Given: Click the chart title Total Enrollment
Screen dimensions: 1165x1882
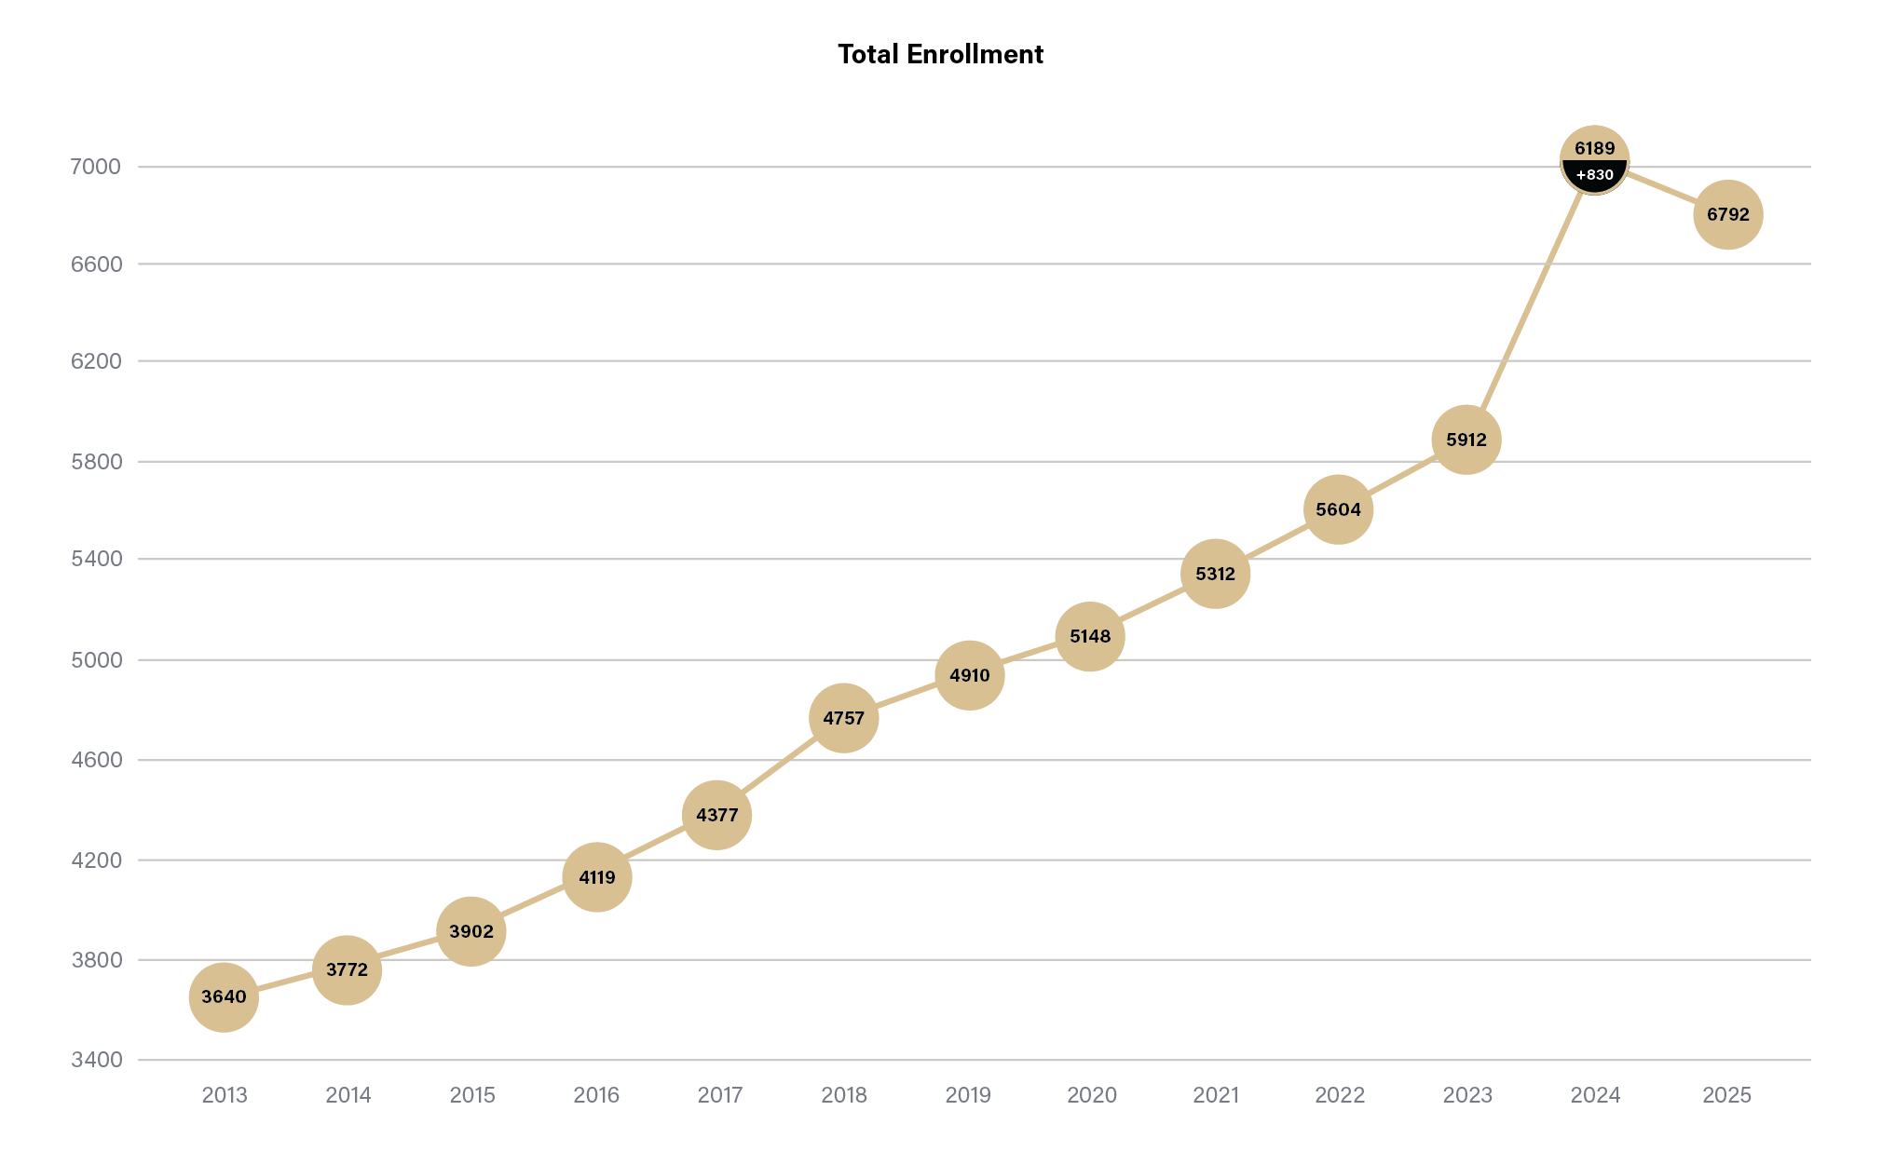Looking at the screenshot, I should pos(940,54).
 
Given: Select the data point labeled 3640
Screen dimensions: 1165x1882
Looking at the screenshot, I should pos(224,997).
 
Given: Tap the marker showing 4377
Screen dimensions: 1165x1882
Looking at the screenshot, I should pos(716,815).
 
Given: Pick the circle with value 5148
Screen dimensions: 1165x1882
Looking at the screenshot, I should pos(1090,637).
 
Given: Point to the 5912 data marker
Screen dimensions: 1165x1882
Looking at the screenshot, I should pos(1466,440).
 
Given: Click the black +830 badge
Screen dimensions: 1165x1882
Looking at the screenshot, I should pos(1594,176).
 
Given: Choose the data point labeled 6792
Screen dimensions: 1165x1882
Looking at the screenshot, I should pos(1727,215).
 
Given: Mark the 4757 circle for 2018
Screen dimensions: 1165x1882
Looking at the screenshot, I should pos(843,718).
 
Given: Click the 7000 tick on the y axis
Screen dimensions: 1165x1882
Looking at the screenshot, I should pos(96,167).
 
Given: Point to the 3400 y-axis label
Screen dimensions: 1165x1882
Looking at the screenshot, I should pos(96,1060).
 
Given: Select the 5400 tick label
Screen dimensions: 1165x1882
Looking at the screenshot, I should pos(96,559).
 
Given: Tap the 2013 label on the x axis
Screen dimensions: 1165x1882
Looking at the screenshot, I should pos(225,1095).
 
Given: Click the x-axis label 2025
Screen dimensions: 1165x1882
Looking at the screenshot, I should pos(1726,1095).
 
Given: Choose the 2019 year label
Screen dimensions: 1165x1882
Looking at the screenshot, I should pos(968,1095).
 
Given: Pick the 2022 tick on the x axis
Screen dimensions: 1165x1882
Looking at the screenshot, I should pos(1340,1095).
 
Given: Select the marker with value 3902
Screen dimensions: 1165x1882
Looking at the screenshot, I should pos(471,931).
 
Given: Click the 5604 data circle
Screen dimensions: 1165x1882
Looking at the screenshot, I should pos(1338,509).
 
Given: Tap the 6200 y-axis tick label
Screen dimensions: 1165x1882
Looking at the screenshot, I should pos(96,361).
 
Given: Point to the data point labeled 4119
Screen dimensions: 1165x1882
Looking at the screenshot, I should pos(597,877).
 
